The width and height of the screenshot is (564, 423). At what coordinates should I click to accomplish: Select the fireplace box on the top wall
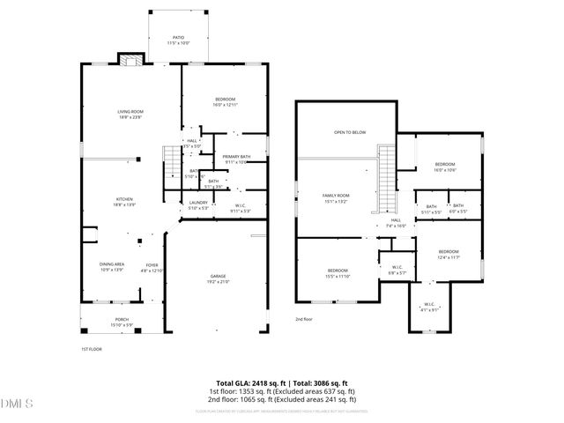(131, 60)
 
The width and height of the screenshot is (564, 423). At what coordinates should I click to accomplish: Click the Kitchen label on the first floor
(124, 202)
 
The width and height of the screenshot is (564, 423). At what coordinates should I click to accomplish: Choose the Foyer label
(152, 266)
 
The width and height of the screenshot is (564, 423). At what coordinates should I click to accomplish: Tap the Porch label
(122, 323)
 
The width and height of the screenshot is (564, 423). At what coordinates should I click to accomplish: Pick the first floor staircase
(170, 160)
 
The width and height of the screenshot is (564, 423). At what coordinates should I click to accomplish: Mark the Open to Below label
(349, 132)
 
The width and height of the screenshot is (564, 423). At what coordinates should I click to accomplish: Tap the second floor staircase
(387, 176)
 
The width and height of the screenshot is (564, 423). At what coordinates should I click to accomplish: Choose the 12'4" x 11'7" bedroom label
(449, 254)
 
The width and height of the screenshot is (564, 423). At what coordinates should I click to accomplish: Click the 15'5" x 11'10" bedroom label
(338, 273)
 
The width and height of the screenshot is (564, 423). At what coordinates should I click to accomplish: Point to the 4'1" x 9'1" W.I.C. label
(428, 308)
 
